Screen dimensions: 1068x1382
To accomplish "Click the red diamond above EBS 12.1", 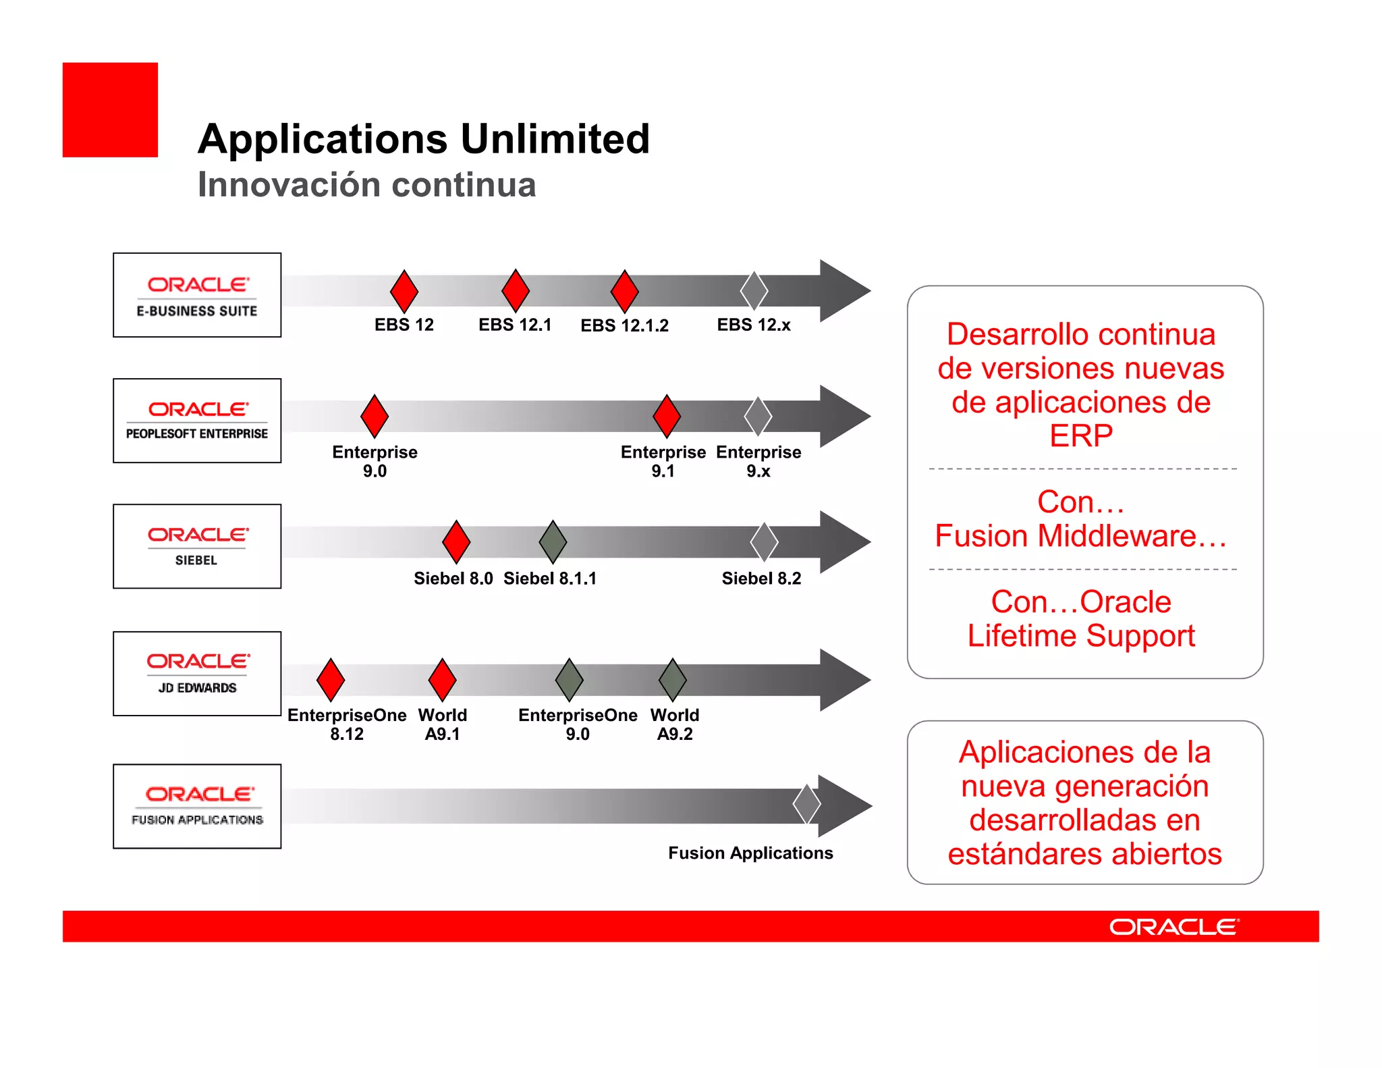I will point(516,290).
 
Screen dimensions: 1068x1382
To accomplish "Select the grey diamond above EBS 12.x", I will point(754,291).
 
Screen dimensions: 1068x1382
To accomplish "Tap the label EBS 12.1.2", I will point(624,325).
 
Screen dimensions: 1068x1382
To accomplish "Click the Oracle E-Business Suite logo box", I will point(197,295).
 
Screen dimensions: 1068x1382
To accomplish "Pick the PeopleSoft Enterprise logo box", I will point(197,421).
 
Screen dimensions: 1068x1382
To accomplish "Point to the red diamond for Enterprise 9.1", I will point(667,416).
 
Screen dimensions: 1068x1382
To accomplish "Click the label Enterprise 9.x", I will point(758,461).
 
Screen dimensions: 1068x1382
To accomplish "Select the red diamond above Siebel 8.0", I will point(456,541).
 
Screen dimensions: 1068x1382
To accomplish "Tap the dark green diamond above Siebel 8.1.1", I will point(553,541).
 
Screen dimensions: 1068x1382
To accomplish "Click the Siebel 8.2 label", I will point(761,579).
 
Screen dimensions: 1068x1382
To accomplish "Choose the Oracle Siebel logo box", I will point(197,546).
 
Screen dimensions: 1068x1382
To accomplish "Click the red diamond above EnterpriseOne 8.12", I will point(331,680).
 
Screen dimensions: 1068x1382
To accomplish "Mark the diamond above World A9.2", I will point(673,680).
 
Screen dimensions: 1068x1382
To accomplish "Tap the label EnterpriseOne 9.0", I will point(578,724).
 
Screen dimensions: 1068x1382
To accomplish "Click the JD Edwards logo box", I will point(197,674).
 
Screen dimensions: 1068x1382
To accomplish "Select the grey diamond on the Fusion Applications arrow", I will point(806,804).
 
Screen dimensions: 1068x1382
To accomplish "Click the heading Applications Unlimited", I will point(424,139).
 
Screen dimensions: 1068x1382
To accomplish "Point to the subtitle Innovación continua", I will point(366,185).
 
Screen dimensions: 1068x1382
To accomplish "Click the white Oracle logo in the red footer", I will point(1174,926).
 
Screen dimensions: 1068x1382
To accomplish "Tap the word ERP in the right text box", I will point(1080,435).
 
